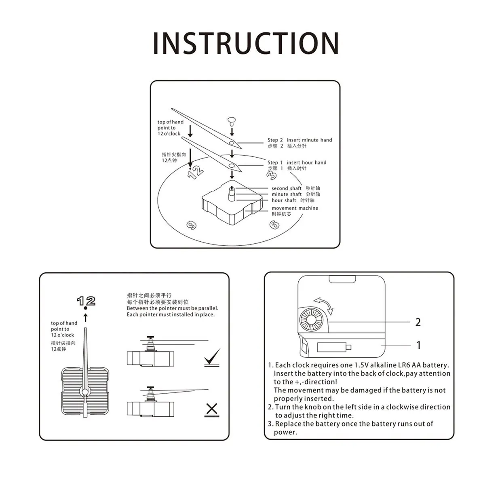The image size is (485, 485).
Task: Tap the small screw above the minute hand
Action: coord(232,120)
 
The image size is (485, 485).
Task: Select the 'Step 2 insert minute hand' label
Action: coord(299,140)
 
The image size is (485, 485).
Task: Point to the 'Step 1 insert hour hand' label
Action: coord(297,162)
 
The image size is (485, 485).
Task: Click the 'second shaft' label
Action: coord(287,188)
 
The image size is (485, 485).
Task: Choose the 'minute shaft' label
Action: coord(287,194)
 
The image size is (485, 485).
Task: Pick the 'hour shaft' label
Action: coord(284,200)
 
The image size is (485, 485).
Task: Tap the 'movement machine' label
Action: coord(295,208)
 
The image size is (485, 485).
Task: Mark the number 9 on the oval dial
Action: coord(190,225)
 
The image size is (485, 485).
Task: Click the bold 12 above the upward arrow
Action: coord(86,301)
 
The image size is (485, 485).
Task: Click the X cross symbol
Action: coord(212,409)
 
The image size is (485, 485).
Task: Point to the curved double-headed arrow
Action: coord(325,306)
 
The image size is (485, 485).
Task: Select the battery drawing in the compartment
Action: coord(334,347)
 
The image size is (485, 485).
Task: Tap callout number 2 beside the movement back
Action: coord(418,322)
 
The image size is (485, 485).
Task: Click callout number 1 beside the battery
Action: coord(419,345)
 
